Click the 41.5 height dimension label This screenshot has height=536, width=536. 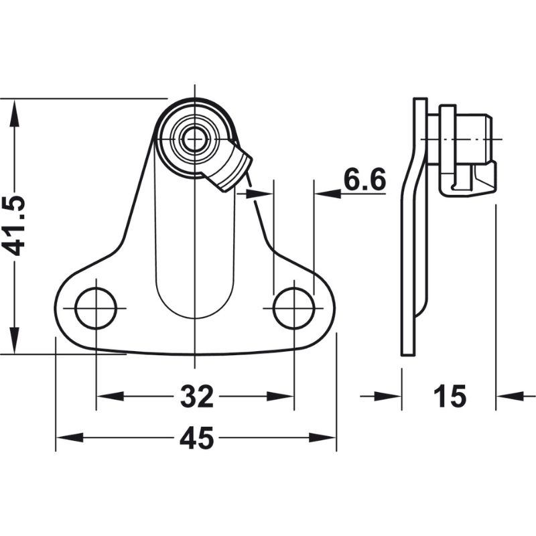[x=15, y=226]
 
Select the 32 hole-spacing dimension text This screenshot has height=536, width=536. [x=196, y=397]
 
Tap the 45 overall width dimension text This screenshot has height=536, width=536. [x=196, y=439]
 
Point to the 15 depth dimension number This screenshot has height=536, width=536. [x=449, y=397]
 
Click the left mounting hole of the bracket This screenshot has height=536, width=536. [x=96, y=308]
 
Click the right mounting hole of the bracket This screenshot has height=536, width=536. [x=293, y=308]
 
